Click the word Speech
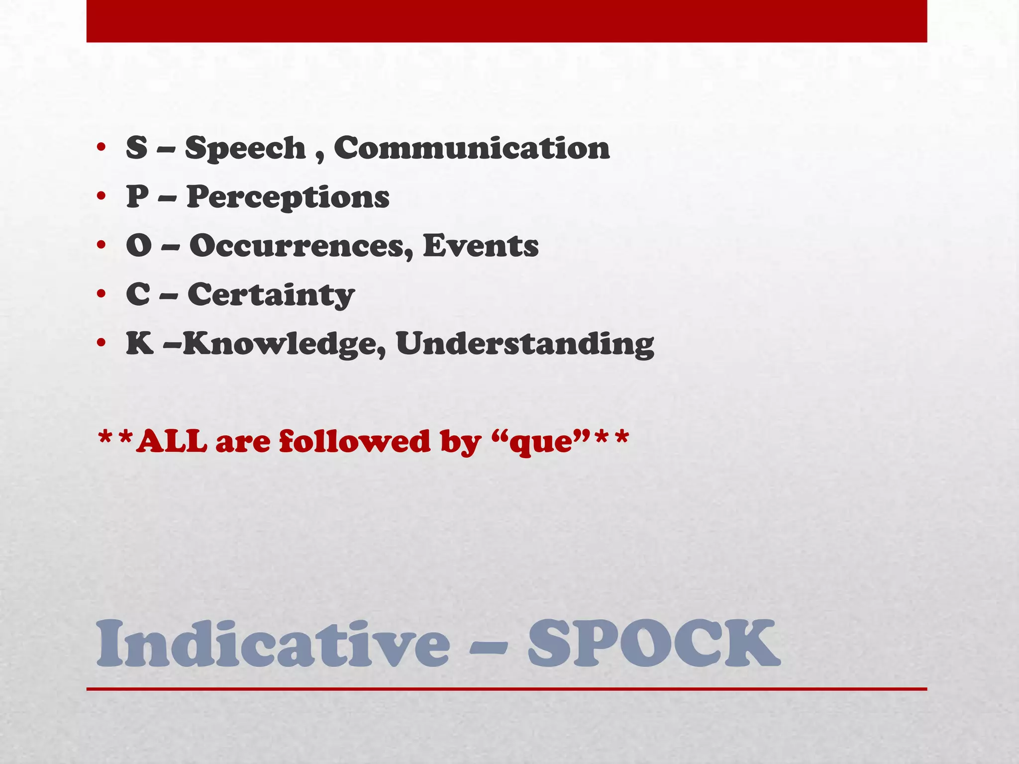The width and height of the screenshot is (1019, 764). coord(245,149)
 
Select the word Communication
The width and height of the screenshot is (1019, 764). coord(471,148)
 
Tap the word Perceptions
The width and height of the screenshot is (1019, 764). coord(288,197)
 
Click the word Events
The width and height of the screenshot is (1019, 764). coord(481,246)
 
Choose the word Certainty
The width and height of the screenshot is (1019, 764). coord(271,295)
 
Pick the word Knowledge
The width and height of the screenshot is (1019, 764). coord(285,344)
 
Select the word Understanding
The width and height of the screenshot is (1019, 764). coord(525,344)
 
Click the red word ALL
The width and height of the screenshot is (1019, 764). coord(172,441)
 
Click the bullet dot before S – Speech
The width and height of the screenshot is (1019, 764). coord(101,148)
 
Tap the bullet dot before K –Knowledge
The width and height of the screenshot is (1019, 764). coord(101,343)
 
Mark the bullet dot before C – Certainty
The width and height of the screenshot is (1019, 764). coord(101,294)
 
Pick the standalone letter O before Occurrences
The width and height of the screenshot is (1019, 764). coord(138,245)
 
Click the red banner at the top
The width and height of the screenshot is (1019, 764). coord(507,21)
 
